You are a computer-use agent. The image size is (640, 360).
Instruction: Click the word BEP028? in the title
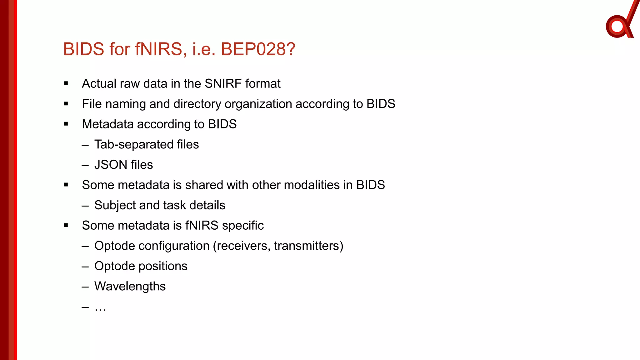point(258,49)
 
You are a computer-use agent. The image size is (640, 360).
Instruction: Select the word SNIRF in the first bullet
point(223,84)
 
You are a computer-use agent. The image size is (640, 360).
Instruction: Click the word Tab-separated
point(134,145)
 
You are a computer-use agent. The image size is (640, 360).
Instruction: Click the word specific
point(242,226)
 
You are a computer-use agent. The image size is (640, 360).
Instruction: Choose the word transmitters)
point(308,246)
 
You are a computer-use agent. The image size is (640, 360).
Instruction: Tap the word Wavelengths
point(130,287)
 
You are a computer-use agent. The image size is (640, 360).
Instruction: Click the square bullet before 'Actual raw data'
point(66,83)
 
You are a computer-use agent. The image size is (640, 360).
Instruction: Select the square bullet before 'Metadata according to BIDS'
point(66,124)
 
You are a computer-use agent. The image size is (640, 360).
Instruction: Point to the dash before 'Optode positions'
point(85,267)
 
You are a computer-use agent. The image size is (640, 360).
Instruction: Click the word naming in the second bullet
point(126,104)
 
